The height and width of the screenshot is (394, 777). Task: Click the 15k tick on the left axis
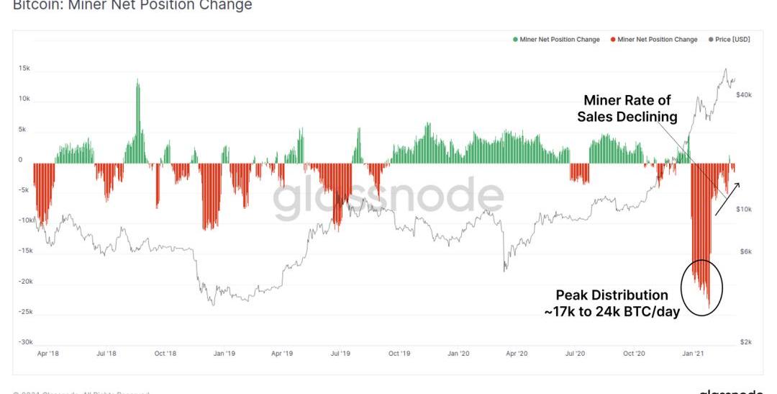[24, 68]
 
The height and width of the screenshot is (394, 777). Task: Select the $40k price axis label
[743, 94]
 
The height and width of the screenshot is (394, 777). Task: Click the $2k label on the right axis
[746, 342]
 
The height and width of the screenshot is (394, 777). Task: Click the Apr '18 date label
[47, 354]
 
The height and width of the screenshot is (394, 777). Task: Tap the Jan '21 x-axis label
[694, 354]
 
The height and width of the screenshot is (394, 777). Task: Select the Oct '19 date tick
[399, 354]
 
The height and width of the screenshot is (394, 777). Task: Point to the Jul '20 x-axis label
[575, 354]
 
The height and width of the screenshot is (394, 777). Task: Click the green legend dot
[515, 40]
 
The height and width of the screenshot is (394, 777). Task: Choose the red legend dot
[613, 40]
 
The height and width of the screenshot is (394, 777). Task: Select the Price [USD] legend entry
[730, 40]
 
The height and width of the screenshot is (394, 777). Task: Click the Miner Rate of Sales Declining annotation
[627, 108]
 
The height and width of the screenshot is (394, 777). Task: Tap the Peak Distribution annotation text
[612, 303]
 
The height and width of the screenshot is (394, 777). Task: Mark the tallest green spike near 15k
[137, 83]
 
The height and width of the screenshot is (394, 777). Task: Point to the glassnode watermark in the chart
[388, 198]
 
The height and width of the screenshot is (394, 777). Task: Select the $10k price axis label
[745, 209]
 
